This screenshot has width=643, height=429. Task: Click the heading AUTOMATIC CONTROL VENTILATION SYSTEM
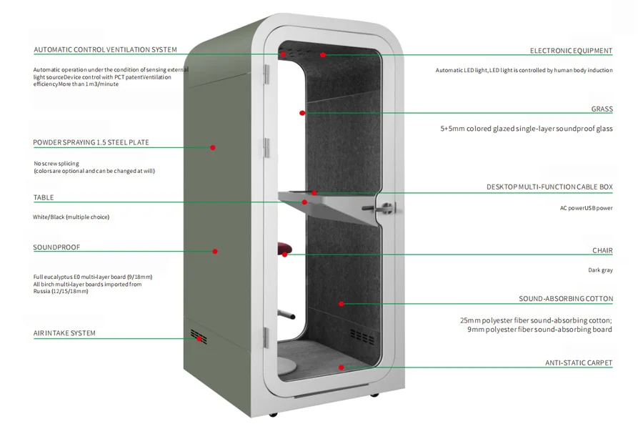105,50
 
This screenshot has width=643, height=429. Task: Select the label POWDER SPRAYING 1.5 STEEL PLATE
91,142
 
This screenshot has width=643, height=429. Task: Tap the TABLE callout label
44,197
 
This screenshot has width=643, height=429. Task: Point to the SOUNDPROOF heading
56,247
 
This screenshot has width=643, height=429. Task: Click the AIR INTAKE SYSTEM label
64,333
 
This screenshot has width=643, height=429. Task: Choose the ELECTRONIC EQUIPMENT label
571,51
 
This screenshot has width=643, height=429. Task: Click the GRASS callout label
602,109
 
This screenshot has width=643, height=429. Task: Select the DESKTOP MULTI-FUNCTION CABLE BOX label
549,187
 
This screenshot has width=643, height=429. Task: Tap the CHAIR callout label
602,251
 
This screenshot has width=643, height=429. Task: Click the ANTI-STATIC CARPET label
578,363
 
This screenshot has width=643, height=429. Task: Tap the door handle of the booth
385,209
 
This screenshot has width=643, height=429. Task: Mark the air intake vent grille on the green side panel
198,336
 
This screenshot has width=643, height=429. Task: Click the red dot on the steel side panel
212,147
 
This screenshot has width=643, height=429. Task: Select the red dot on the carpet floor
342,368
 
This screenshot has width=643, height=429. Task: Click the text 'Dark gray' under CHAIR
600,270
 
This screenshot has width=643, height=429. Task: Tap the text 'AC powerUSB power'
586,208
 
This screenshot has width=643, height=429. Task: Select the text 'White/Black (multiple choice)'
71,217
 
